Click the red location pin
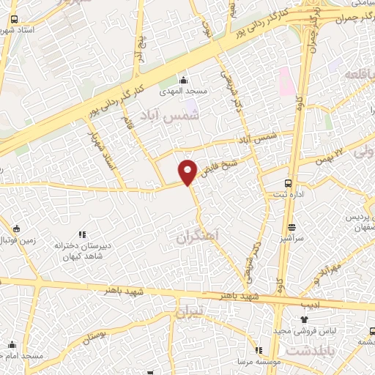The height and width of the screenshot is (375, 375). tap(189, 171)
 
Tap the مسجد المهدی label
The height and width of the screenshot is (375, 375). tap(187, 91)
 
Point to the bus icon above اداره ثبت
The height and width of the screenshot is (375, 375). tap(288, 184)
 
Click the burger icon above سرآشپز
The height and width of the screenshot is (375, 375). tap(292, 226)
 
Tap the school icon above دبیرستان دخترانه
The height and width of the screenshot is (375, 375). tap(82, 235)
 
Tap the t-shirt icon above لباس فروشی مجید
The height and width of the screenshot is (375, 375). tap(304, 319)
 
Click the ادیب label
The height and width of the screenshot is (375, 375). tap(310, 303)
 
